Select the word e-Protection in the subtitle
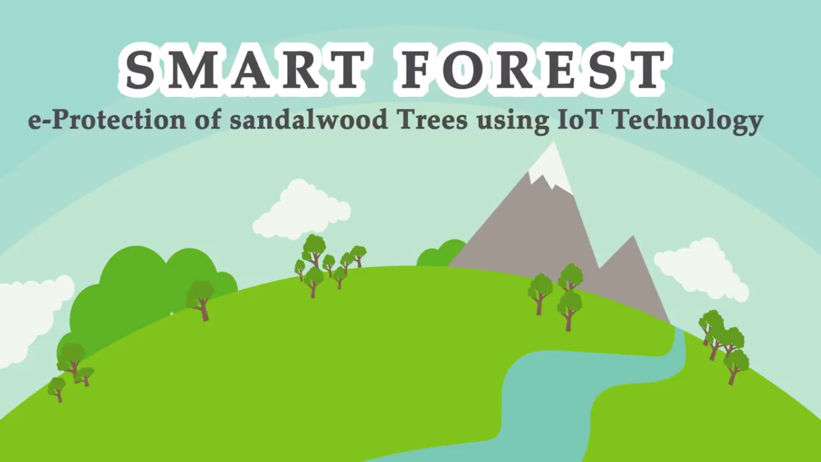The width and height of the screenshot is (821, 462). coord(107,120)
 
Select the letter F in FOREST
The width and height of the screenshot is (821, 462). coord(417,70)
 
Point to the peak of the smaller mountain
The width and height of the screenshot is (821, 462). coord(633,236)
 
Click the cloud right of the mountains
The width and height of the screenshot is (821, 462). coord(701,269)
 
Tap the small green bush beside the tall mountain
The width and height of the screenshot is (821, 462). coord(440,253)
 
